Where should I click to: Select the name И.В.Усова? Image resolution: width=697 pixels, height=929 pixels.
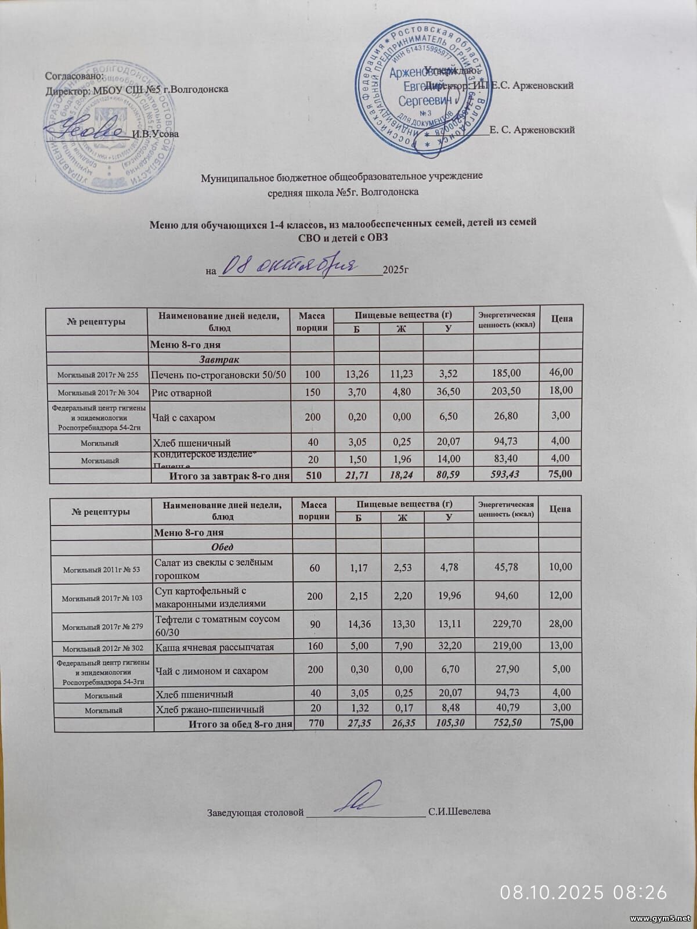(x=155, y=134)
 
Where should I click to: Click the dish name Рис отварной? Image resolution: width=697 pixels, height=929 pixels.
(x=181, y=393)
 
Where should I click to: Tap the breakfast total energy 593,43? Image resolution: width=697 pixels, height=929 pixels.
(x=505, y=475)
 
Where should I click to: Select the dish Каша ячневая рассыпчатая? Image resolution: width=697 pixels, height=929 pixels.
(x=214, y=646)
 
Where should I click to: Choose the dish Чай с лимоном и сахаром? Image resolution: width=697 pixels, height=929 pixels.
(x=211, y=671)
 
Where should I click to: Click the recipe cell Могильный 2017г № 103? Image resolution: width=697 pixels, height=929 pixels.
(x=102, y=597)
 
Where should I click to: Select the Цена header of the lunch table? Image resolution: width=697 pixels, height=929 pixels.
(x=559, y=509)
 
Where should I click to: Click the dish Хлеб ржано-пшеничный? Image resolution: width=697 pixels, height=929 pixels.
(x=210, y=709)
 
